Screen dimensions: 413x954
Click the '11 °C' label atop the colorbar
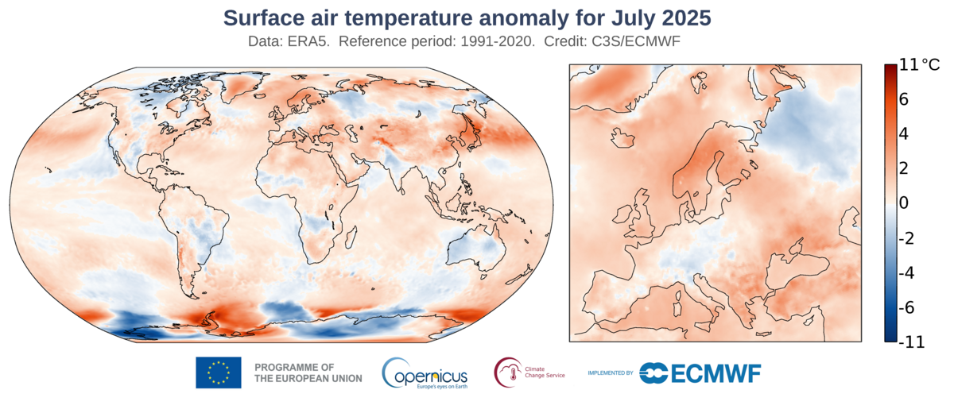[918, 65]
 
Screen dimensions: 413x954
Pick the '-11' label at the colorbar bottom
[913, 342]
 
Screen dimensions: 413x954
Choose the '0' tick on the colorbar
[904, 203]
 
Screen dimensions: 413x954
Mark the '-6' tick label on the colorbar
[908, 307]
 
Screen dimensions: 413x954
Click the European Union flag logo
[218, 372]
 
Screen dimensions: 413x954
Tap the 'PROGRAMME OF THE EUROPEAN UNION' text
[308, 372]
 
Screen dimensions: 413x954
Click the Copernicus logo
[425, 372]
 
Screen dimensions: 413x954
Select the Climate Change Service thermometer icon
[506, 372]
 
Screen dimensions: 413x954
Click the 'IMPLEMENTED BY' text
[610, 372]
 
